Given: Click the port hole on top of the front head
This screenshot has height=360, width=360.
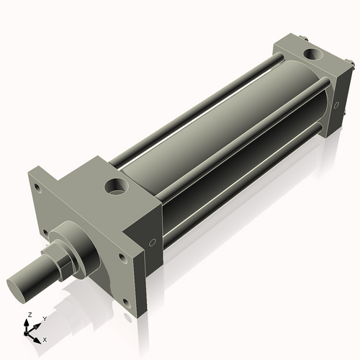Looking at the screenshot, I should pos(115,188).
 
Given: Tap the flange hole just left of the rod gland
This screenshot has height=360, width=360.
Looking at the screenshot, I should pos(46,233).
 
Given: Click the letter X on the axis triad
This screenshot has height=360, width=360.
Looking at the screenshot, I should pos(45,338).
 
